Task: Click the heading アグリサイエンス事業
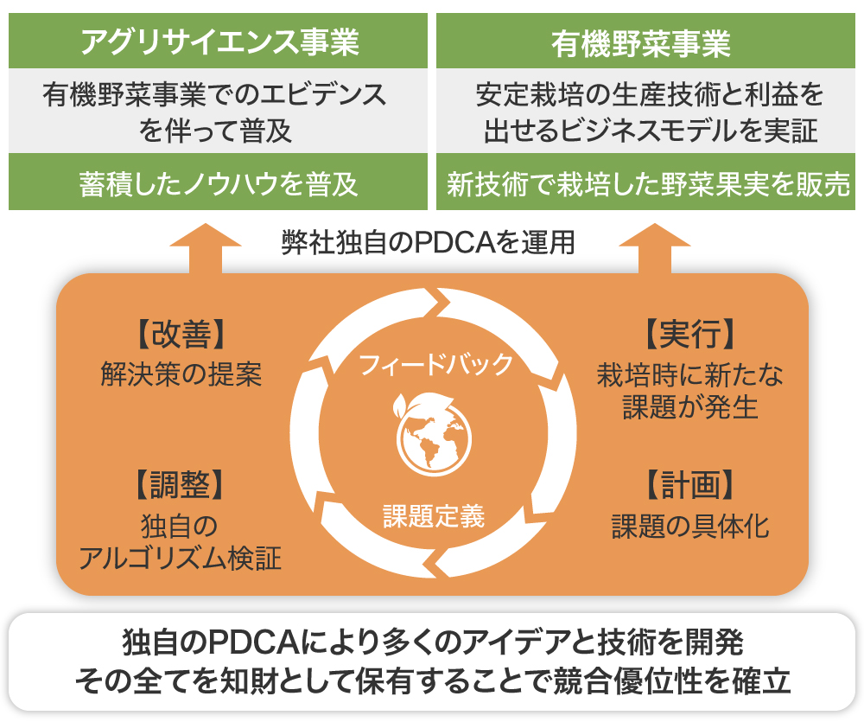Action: point(218,42)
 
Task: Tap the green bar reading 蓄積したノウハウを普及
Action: point(218,183)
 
